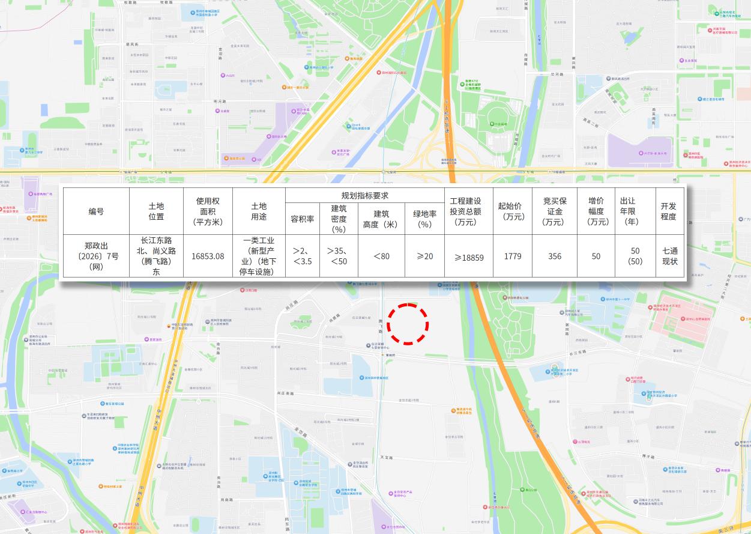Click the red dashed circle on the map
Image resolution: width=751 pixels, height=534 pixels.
pyautogui.click(x=408, y=324)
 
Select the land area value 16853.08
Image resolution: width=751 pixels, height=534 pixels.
pyautogui.click(x=208, y=256)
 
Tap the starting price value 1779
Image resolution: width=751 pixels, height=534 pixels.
pyautogui.click(x=512, y=256)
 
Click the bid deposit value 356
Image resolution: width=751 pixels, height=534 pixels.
pyautogui.click(x=555, y=256)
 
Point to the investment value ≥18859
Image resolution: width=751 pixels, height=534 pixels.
pyautogui.click(x=469, y=257)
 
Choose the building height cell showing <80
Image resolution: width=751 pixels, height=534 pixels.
pyautogui.click(x=381, y=256)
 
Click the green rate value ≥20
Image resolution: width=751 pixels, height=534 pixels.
pyautogui.click(x=424, y=256)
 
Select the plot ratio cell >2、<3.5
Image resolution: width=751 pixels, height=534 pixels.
pyautogui.click(x=303, y=256)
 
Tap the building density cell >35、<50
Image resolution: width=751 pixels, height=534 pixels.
pyautogui.click(x=339, y=256)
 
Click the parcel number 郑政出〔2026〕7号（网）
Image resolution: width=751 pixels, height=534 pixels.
pyautogui.click(x=96, y=256)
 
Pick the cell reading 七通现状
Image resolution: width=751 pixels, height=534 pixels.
pyautogui.click(x=669, y=256)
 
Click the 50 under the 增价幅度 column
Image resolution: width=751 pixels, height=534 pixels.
pyautogui.click(x=596, y=256)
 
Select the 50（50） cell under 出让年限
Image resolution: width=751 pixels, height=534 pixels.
pyautogui.click(x=635, y=256)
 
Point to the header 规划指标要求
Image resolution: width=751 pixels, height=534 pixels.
pyautogui.click(x=364, y=195)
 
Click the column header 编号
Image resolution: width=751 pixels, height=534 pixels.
pyautogui.click(x=96, y=211)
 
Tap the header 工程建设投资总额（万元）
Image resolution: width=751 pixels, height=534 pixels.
pyautogui.click(x=469, y=211)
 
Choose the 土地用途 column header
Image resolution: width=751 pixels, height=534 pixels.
pyautogui.click(x=259, y=211)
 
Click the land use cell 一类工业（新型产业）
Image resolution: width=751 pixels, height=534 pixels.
pyautogui.click(x=259, y=256)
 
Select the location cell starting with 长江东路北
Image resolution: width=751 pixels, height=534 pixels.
pyautogui.click(x=156, y=256)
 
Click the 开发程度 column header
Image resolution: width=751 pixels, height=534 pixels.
pyautogui.click(x=669, y=211)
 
